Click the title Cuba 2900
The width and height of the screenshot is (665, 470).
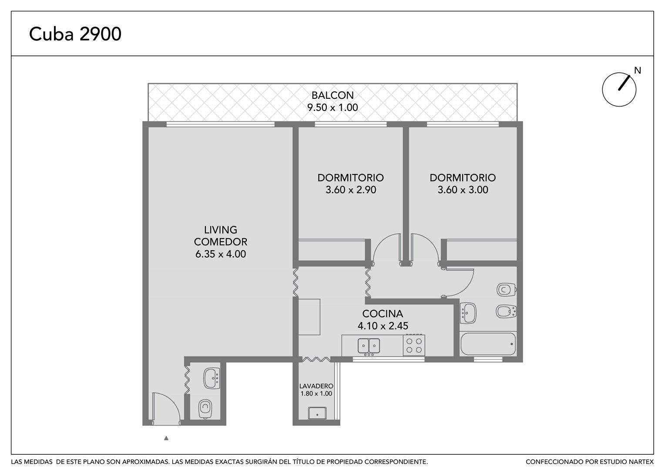tap(75, 34)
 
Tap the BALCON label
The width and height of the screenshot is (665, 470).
tap(332, 95)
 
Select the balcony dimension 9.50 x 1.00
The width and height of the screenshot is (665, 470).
tap(332, 107)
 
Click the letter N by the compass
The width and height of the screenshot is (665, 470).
tap(638, 70)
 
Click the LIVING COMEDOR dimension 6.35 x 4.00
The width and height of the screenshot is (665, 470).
tap(221, 254)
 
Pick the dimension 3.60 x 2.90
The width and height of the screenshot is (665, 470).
tap(351, 190)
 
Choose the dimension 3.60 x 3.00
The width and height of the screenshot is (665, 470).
tap(463, 190)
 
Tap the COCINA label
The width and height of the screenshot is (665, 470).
tap(383, 313)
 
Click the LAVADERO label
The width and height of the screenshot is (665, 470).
tap(316, 386)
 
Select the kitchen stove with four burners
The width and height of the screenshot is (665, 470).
tap(414, 346)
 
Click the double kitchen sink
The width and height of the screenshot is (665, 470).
tap(369, 346)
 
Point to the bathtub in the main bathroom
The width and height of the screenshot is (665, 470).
tap(488, 344)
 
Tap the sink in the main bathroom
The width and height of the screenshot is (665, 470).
tap(468, 313)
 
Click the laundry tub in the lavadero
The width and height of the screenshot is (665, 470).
tap(317, 413)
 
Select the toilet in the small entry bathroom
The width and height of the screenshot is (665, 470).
tap(205, 409)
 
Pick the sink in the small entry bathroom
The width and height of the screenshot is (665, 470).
tap(212, 378)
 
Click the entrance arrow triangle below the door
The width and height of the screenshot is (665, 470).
tap(166, 438)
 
